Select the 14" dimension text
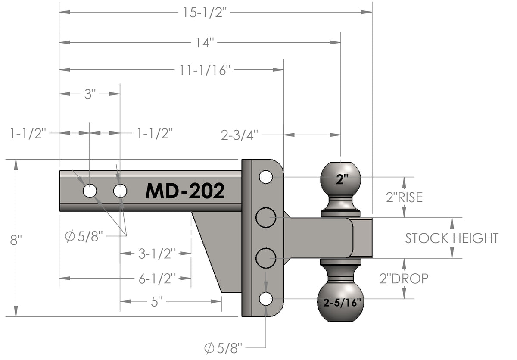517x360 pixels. [204, 42]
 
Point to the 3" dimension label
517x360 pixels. [89, 94]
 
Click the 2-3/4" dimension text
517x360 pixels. [240, 135]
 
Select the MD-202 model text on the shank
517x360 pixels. [185, 191]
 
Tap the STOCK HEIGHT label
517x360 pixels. [452, 238]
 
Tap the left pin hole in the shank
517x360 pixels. [90, 191]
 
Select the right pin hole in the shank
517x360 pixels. [120, 191]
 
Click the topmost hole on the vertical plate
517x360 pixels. [266, 176]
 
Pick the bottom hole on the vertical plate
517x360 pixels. [266, 298]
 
